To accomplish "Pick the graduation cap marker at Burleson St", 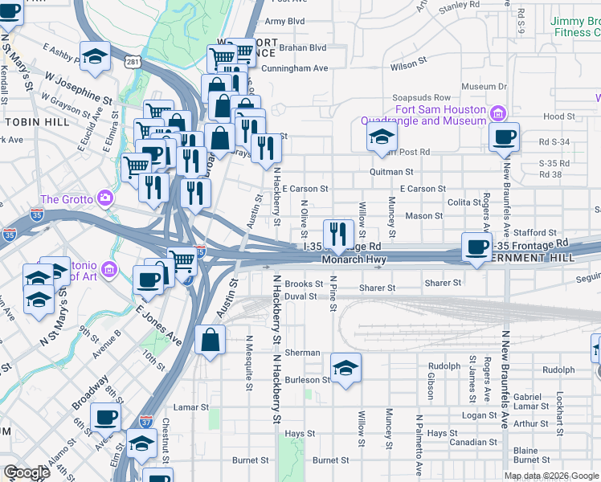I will tap(345, 368).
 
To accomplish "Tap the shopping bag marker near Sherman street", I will tap(210, 339).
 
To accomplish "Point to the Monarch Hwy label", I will tap(354, 259).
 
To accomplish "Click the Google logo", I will tap(27, 472).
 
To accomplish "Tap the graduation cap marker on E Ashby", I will tap(95, 58).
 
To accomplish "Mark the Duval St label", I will tap(301, 296).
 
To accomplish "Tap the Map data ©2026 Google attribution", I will tap(550, 476).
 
